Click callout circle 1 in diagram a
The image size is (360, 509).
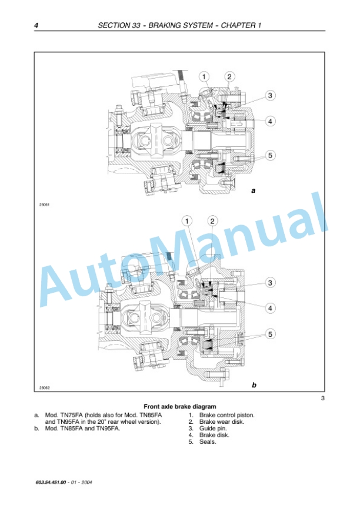(x=204, y=77)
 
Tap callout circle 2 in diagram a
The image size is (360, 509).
(x=229, y=77)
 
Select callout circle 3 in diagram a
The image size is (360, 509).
(x=270, y=95)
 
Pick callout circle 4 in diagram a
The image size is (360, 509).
(x=270, y=122)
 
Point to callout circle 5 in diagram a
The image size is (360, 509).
(x=270, y=155)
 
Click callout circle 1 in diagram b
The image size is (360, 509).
(x=187, y=222)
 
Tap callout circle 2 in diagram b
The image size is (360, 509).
(x=212, y=222)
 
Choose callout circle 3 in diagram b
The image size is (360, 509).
(x=270, y=282)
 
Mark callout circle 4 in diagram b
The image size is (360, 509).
(x=270, y=308)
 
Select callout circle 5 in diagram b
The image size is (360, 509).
(x=270, y=334)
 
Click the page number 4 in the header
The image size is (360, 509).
(x=36, y=25)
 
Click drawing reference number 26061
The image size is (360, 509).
(x=44, y=205)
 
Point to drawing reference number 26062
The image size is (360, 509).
(x=44, y=387)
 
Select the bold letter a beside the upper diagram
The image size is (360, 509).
(x=254, y=191)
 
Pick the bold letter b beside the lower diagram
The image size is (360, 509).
(x=254, y=385)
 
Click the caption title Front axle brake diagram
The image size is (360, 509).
(x=179, y=406)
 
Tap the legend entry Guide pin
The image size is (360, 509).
(x=213, y=428)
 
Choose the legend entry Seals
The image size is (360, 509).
(x=208, y=442)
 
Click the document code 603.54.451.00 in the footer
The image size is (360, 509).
(x=51, y=483)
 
